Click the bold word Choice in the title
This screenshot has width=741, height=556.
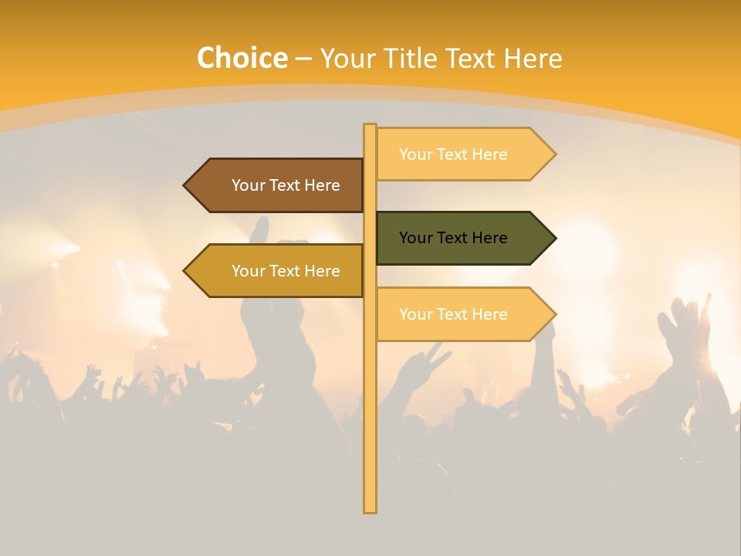click(x=242, y=58)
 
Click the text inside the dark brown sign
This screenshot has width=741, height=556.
click(x=286, y=185)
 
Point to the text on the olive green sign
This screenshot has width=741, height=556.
click(x=453, y=238)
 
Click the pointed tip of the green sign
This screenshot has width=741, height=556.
click(x=554, y=238)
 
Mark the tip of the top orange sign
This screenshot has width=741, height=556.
click(x=554, y=154)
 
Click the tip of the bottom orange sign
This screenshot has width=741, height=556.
click(x=554, y=314)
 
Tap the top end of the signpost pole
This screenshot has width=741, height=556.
click(x=370, y=126)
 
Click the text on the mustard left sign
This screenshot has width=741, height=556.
click(x=286, y=271)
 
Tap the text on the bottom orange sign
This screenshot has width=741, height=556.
click(x=453, y=314)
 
